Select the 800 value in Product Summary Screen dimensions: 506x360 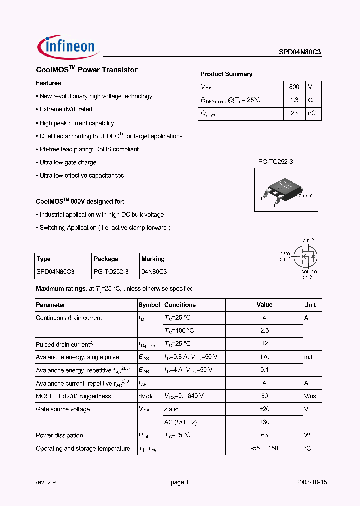294,87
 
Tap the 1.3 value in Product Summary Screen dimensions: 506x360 294,100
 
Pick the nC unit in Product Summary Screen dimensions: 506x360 312,113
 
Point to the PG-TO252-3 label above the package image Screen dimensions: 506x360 275,162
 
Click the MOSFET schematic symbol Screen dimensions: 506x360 305,257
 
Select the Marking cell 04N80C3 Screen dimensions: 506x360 154,272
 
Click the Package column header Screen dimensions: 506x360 106,259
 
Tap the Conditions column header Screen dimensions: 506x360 180,305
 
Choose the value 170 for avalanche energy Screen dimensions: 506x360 264,357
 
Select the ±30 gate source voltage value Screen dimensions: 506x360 264,422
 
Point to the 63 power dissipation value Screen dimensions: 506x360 264,435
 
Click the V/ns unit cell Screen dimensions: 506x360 311,396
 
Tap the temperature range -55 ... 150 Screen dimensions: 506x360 264,448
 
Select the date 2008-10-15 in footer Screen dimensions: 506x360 310,482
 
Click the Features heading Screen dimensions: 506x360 49,83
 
